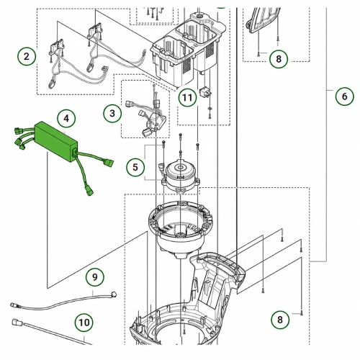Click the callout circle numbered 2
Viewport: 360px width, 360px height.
click(x=27, y=57)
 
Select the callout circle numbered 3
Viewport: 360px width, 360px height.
click(x=112, y=113)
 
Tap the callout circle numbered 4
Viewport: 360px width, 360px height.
click(x=66, y=119)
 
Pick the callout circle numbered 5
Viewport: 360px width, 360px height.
click(x=135, y=167)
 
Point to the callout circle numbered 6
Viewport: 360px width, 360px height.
click(x=345, y=96)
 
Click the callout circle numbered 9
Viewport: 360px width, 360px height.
click(x=95, y=277)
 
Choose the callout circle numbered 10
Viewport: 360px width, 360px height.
click(x=84, y=323)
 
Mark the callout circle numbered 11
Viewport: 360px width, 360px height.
click(x=187, y=97)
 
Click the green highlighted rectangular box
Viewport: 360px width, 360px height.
click(x=56, y=142)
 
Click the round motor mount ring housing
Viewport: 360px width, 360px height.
click(x=181, y=229)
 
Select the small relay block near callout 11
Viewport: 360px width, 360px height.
click(x=204, y=92)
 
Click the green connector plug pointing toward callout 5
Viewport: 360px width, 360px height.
click(x=109, y=163)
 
